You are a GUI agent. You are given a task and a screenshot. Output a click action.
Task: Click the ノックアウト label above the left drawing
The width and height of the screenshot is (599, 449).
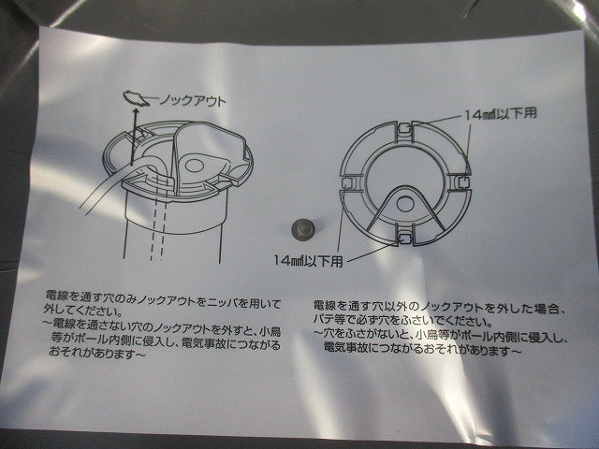[x=192, y=101]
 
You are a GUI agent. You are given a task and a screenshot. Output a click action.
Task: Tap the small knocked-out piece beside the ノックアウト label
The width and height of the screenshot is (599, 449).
[x=136, y=98]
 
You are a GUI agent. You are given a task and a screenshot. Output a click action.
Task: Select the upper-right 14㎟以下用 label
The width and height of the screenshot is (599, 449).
[x=501, y=114]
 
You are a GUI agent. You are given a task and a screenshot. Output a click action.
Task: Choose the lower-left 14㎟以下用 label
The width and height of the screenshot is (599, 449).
[x=308, y=261]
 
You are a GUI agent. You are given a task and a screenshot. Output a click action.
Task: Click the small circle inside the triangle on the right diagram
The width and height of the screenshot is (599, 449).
[x=405, y=203]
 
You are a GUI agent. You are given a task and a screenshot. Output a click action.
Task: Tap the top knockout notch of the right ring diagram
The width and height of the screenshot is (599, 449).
[x=404, y=131]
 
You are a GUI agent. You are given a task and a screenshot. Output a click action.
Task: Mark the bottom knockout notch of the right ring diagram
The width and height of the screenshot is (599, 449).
[x=405, y=238]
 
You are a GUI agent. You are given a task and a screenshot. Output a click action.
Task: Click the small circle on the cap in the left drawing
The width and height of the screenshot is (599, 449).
[x=195, y=166]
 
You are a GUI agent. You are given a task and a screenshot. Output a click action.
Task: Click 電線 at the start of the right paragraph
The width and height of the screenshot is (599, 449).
[x=324, y=306]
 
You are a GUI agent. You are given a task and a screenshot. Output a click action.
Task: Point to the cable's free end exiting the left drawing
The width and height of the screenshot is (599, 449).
[x=84, y=209]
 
